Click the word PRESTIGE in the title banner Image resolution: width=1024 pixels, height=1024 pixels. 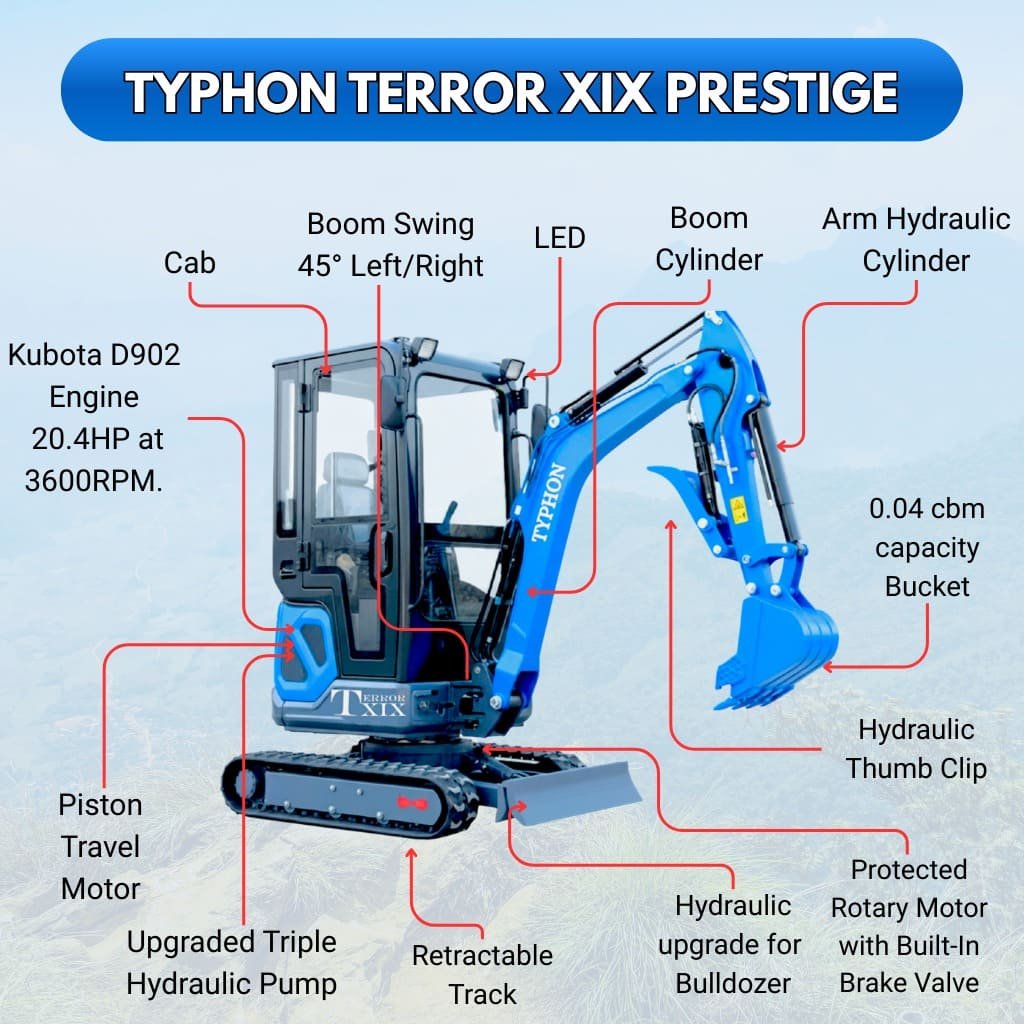pyautogui.click(x=781, y=93)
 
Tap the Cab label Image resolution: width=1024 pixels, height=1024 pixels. pyautogui.click(x=190, y=263)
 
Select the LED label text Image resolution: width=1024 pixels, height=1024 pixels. pyautogui.click(x=559, y=238)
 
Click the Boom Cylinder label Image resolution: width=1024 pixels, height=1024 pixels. pyautogui.click(x=709, y=240)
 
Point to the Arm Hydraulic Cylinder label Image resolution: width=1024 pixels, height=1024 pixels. pyautogui.click(x=916, y=241)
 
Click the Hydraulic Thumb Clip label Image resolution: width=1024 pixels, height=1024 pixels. pyautogui.click(x=916, y=749)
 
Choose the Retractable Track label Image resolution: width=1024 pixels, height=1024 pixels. pyautogui.click(x=482, y=975)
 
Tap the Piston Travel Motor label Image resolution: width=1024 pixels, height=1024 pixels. pyautogui.click(x=100, y=847)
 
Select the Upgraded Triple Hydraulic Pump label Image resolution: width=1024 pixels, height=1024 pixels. pyautogui.click(x=231, y=963)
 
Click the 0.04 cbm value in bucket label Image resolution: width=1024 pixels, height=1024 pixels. pyautogui.click(x=927, y=509)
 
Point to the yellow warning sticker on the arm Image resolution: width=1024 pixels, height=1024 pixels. pyautogui.click(x=738, y=510)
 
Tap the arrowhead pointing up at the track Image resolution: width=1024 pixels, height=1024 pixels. pyautogui.click(x=411, y=853)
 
